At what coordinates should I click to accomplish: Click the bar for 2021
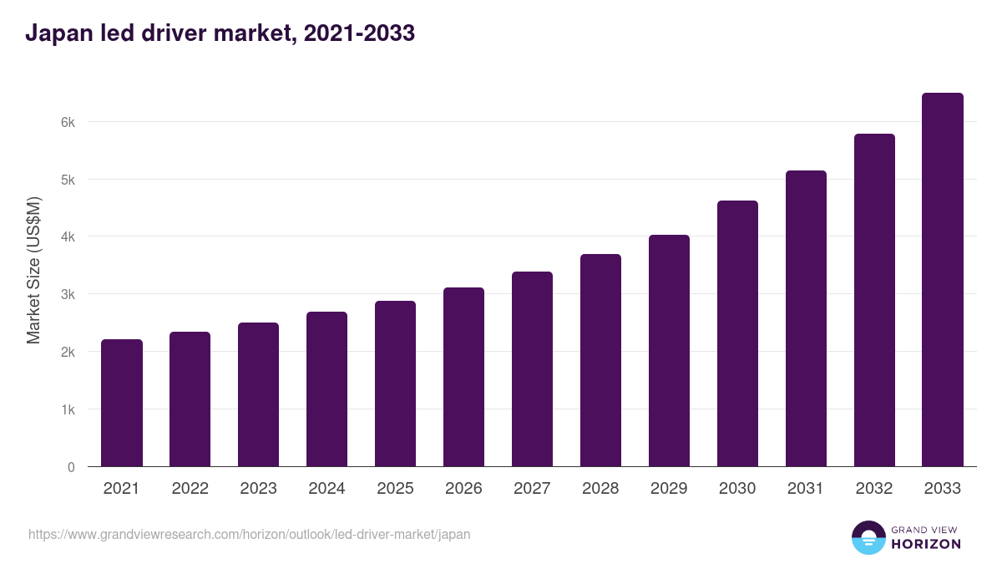(122, 403)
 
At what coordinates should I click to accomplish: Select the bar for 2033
(943, 280)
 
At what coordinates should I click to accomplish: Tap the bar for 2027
(532, 369)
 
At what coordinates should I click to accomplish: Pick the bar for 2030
(737, 333)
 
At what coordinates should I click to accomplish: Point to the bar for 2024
(326, 389)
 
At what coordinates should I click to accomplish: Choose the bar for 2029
(669, 351)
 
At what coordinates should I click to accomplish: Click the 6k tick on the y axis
(68, 122)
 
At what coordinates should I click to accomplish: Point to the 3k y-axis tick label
(68, 294)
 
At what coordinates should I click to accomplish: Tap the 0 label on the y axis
(71, 467)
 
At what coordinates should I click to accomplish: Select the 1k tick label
(68, 409)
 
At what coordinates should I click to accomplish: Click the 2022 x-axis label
(190, 489)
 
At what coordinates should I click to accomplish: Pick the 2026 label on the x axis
(463, 489)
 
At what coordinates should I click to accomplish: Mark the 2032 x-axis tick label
(874, 489)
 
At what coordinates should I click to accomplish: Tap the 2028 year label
(600, 489)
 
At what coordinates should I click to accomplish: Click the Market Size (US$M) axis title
(33, 270)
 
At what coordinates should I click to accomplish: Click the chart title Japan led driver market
(220, 33)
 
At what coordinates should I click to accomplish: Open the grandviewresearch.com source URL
(250, 534)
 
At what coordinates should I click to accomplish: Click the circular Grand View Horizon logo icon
(868, 537)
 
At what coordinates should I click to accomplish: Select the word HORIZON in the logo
(926, 544)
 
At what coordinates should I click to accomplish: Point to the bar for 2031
(806, 318)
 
